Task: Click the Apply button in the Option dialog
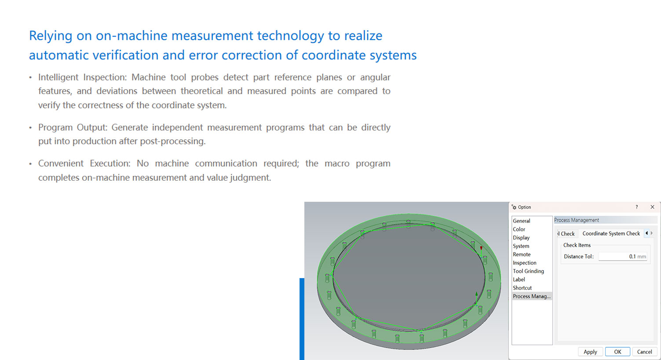pyautogui.click(x=590, y=352)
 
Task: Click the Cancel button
pyautogui.click(x=644, y=352)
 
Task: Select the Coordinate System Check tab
pyautogui.click(x=611, y=233)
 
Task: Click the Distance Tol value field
pyautogui.click(x=622, y=257)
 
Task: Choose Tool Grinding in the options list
pyautogui.click(x=528, y=271)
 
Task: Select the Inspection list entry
pyautogui.click(x=524, y=263)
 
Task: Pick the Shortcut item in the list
pyautogui.click(x=522, y=288)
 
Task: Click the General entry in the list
pyautogui.click(x=522, y=221)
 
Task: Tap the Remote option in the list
pyautogui.click(x=522, y=254)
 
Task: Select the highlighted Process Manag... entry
pyautogui.click(x=532, y=296)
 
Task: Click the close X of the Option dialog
pyautogui.click(x=653, y=207)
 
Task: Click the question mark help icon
pyautogui.click(x=636, y=207)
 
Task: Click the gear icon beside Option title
pyautogui.click(x=514, y=207)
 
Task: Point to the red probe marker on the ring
pyautogui.click(x=481, y=248)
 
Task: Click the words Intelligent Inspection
pyautogui.click(x=82, y=77)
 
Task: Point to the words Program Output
pyautogui.click(x=73, y=127)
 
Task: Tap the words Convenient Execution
pyautogui.click(x=84, y=164)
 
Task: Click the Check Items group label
pyautogui.click(x=577, y=245)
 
